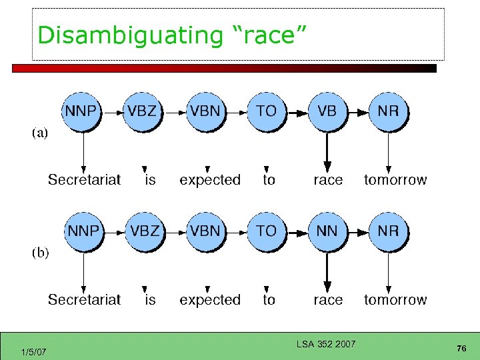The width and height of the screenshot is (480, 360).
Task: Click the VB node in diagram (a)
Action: point(327,111)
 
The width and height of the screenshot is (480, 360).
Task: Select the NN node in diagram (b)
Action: point(327,231)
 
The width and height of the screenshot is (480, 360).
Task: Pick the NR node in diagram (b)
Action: point(388,231)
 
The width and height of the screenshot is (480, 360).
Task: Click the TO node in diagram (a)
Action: point(266,111)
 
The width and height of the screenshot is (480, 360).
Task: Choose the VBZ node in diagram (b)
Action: point(145,231)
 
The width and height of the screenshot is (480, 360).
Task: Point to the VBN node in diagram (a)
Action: point(205,111)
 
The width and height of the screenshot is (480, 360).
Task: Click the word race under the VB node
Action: point(328,180)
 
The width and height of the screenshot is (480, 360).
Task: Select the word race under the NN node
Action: point(328,300)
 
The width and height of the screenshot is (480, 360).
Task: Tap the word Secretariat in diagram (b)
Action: point(84,300)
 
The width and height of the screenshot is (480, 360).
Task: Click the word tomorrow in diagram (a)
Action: point(395,180)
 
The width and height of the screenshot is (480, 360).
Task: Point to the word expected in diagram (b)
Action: point(210,301)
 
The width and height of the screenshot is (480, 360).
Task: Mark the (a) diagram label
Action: point(40,133)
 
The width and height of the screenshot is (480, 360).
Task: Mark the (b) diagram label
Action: point(40,253)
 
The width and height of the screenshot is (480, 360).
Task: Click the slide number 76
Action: point(461,349)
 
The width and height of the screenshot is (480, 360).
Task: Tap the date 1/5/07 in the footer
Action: point(33,352)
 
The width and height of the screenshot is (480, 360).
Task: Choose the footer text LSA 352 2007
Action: point(326,344)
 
